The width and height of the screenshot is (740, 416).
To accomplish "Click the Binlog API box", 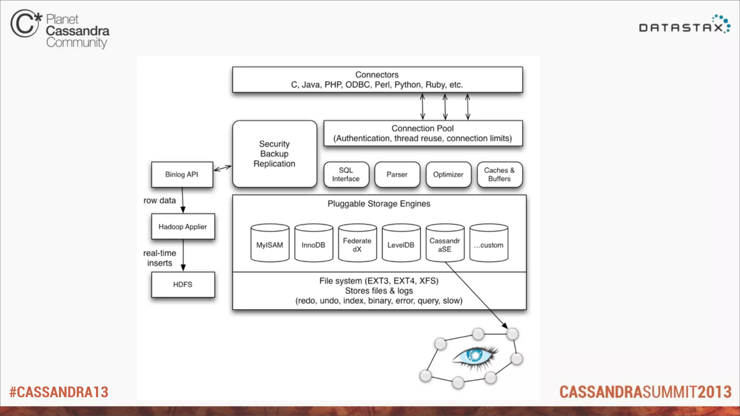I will [x=182, y=174].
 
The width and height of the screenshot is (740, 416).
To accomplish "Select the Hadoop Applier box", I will [x=183, y=226].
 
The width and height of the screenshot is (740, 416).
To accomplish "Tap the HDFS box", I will [x=183, y=285].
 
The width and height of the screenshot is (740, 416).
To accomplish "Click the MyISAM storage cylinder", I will [x=270, y=243].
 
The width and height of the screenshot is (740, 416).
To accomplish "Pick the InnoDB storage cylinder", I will [x=314, y=243].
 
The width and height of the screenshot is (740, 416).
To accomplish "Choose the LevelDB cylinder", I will [x=401, y=243].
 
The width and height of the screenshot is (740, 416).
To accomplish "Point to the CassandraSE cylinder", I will [x=445, y=243].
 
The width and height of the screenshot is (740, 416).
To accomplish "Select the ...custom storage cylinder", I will [x=489, y=243].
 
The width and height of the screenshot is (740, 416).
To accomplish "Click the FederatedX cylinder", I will [x=357, y=243].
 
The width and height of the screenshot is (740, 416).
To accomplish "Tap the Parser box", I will [x=397, y=174].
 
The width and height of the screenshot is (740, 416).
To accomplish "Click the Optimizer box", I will [x=448, y=174].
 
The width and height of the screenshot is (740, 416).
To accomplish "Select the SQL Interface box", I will [x=346, y=174].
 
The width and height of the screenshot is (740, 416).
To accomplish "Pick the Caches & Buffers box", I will [x=500, y=174].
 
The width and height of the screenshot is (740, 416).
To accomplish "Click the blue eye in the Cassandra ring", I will [x=475, y=356].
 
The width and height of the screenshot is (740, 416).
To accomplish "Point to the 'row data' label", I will [x=160, y=200].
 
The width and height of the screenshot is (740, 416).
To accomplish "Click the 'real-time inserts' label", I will [x=160, y=258].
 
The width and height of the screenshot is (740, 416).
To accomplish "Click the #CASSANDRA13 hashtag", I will [x=59, y=392].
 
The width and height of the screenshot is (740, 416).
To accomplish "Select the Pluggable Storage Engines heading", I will [x=379, y=204].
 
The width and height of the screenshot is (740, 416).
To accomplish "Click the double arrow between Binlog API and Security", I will [x=223, y=168].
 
